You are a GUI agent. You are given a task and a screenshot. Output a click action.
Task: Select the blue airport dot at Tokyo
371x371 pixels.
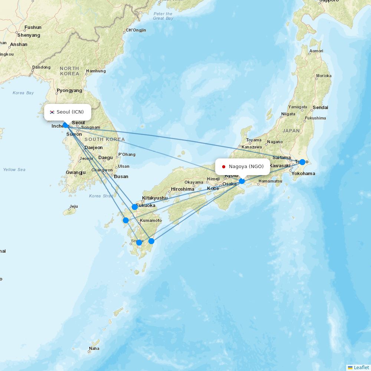coord(302,162)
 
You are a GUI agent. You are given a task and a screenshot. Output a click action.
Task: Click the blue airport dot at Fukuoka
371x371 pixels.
coord(135,207)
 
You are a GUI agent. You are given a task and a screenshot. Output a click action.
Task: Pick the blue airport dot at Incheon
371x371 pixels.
coord(66,125)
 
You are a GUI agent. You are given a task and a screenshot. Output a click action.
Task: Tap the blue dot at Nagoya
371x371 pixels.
coord(242,181)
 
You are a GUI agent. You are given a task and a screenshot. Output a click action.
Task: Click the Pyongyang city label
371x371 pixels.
coord(69,91)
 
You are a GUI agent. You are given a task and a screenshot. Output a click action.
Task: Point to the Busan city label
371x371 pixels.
coord(121,177)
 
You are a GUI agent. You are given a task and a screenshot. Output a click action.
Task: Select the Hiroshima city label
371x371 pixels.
coord(183,189)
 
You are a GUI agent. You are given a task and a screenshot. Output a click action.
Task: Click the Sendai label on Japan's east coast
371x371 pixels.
coord(320,108)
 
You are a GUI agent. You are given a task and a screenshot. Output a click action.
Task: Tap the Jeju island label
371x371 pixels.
coord(73,207)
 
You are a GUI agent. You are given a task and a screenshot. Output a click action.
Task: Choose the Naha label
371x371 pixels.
coord(94,349)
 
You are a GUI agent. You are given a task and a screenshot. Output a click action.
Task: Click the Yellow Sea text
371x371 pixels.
coord(14,170)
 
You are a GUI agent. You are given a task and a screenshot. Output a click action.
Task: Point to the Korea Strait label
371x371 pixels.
coord(101,196)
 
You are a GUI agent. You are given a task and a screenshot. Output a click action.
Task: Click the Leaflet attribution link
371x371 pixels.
coord(361,367)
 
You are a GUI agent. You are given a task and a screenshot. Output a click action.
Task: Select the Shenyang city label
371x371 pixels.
coord(29,35)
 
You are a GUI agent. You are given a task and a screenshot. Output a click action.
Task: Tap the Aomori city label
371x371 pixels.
coord(316,51)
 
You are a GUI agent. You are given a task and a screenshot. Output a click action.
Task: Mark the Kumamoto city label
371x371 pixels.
coord(151,220)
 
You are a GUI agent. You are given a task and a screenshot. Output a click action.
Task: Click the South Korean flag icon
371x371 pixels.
coord(52,112)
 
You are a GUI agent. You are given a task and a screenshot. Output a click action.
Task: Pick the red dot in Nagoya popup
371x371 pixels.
coord(224,167)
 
